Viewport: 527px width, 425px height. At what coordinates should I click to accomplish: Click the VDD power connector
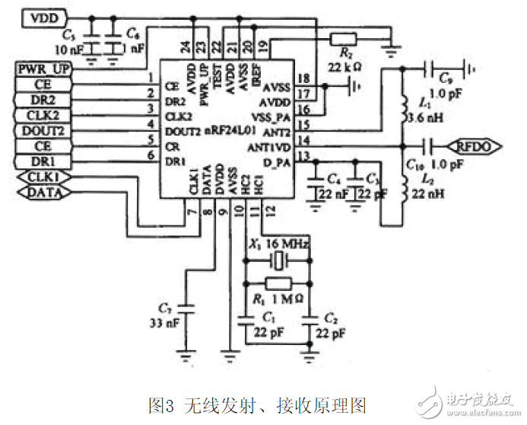[x=44, y=15]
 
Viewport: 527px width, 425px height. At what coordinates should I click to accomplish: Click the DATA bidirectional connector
[x=43, y=193]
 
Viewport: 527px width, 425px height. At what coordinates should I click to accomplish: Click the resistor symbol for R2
[x=343, y=37]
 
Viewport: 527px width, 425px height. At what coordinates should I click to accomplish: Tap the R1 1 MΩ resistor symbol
[x=279, y=283]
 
